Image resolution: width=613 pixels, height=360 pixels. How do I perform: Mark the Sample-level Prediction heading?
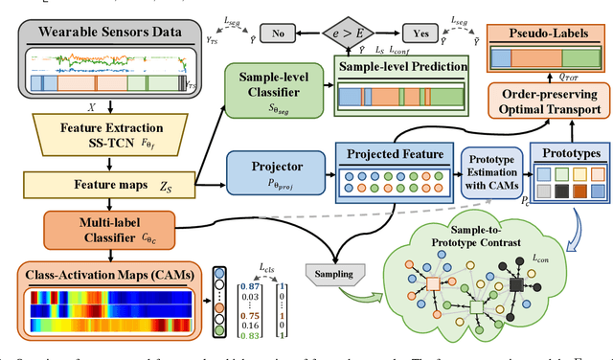[x=400, y=67]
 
